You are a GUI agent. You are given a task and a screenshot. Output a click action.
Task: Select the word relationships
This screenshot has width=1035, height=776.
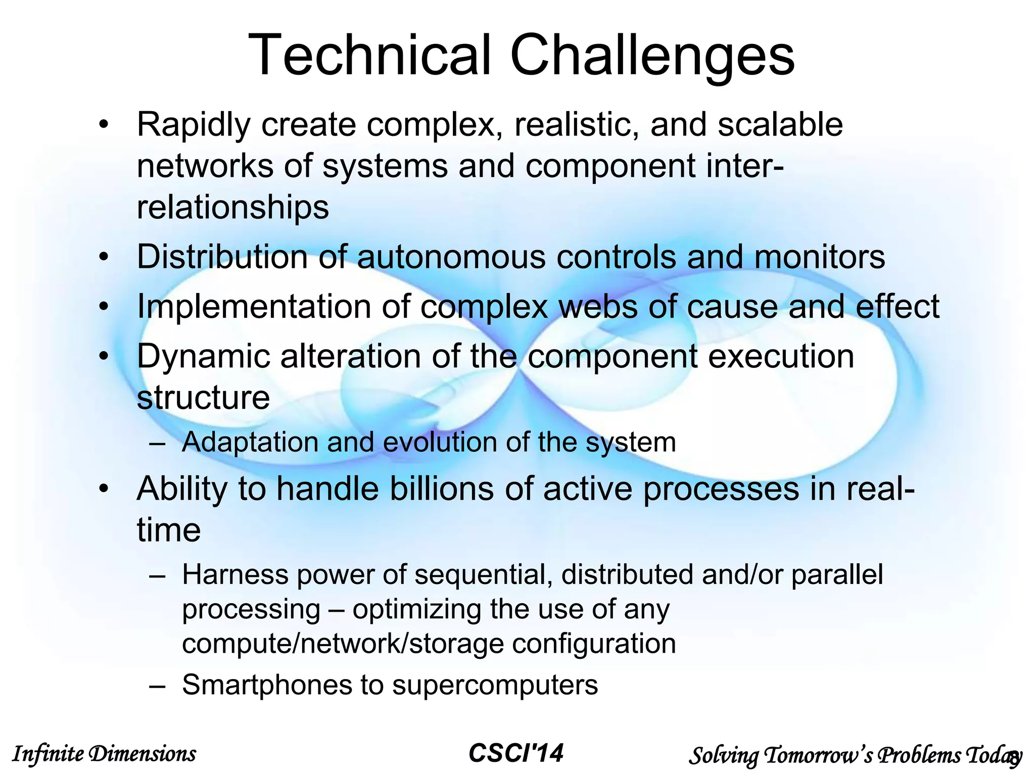pos(233,207)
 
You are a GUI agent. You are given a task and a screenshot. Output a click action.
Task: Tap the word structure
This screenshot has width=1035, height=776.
pos(203,398)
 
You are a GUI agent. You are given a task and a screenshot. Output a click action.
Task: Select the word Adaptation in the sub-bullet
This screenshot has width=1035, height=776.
pos(250,443)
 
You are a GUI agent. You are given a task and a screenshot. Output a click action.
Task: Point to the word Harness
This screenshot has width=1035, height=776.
pos(234,575)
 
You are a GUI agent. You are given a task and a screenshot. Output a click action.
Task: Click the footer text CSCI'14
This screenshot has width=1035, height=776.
pos(516,753)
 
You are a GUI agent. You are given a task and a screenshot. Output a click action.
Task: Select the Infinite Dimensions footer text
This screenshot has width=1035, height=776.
pos(104,754)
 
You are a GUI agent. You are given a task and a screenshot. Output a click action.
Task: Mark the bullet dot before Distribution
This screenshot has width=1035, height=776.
pos(104,258)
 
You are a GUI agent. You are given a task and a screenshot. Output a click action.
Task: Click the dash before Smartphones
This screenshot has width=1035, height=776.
pos(157,686)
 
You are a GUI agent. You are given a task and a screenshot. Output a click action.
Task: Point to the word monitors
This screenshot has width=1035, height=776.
pos(820,257)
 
